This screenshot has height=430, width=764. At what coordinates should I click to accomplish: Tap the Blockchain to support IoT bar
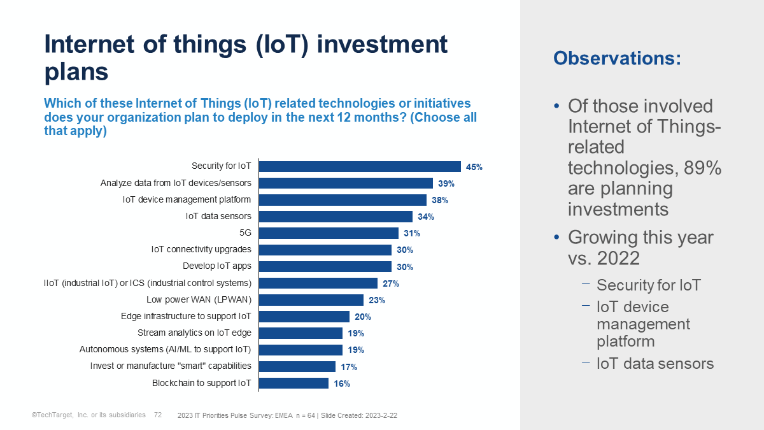point(293,383)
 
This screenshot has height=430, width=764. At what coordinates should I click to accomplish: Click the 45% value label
point(474,167)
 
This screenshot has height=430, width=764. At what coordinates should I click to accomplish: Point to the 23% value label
point(377,300)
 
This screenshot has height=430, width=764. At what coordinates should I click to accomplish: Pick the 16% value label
point(342,383)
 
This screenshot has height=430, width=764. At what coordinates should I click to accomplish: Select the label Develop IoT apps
point(217,266)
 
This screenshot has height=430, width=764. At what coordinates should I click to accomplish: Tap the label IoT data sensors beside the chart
point(218,216)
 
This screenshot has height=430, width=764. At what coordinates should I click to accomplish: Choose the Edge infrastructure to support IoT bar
point(304,317)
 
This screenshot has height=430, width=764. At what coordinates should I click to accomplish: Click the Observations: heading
point(617,58)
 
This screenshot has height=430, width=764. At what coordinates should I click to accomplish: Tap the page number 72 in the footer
point(158,415)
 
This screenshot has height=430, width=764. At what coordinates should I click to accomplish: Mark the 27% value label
point(391,283)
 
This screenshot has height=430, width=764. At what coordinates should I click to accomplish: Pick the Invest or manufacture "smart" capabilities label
point(171,366)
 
